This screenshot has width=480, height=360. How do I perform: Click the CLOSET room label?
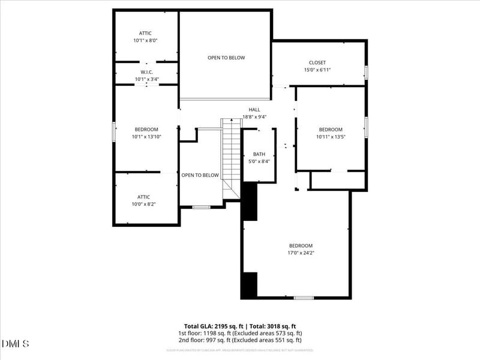click(x=317, y=62)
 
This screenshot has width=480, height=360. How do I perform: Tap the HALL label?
click(x=254, y=110)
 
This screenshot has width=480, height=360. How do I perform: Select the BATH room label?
click(x=259, y=154)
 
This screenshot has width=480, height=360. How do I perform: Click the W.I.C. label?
click(x=146, y=72)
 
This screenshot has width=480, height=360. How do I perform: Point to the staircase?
click(x=231, y=156)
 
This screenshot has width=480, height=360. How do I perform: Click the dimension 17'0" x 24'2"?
click(x=301, y=253)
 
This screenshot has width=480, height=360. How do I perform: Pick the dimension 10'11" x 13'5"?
click(x=331, y=137)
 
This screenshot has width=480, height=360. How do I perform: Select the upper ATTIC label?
click(x=146, y=34)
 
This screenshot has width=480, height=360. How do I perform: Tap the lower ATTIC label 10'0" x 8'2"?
click(x=143, y=204)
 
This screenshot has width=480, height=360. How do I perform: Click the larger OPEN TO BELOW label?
click(x=226, y=58)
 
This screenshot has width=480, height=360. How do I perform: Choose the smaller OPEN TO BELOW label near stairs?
click(x=200, y=175)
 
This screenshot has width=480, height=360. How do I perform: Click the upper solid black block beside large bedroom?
click(x=248, y=202)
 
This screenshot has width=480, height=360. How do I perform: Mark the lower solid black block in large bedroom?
click(x=248, y=285)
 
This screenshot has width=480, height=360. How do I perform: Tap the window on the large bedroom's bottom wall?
click(x=304, y=298)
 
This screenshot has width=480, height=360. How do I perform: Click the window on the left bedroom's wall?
click(x=114, y=132)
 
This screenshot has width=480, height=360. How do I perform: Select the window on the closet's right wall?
click(x=366, y=73)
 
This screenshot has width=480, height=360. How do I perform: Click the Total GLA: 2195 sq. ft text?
click(x=214, y=326)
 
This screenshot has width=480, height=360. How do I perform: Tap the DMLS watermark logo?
click(x=16, y=344)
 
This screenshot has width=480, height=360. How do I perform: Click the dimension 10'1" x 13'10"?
click(x=146, y=137)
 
